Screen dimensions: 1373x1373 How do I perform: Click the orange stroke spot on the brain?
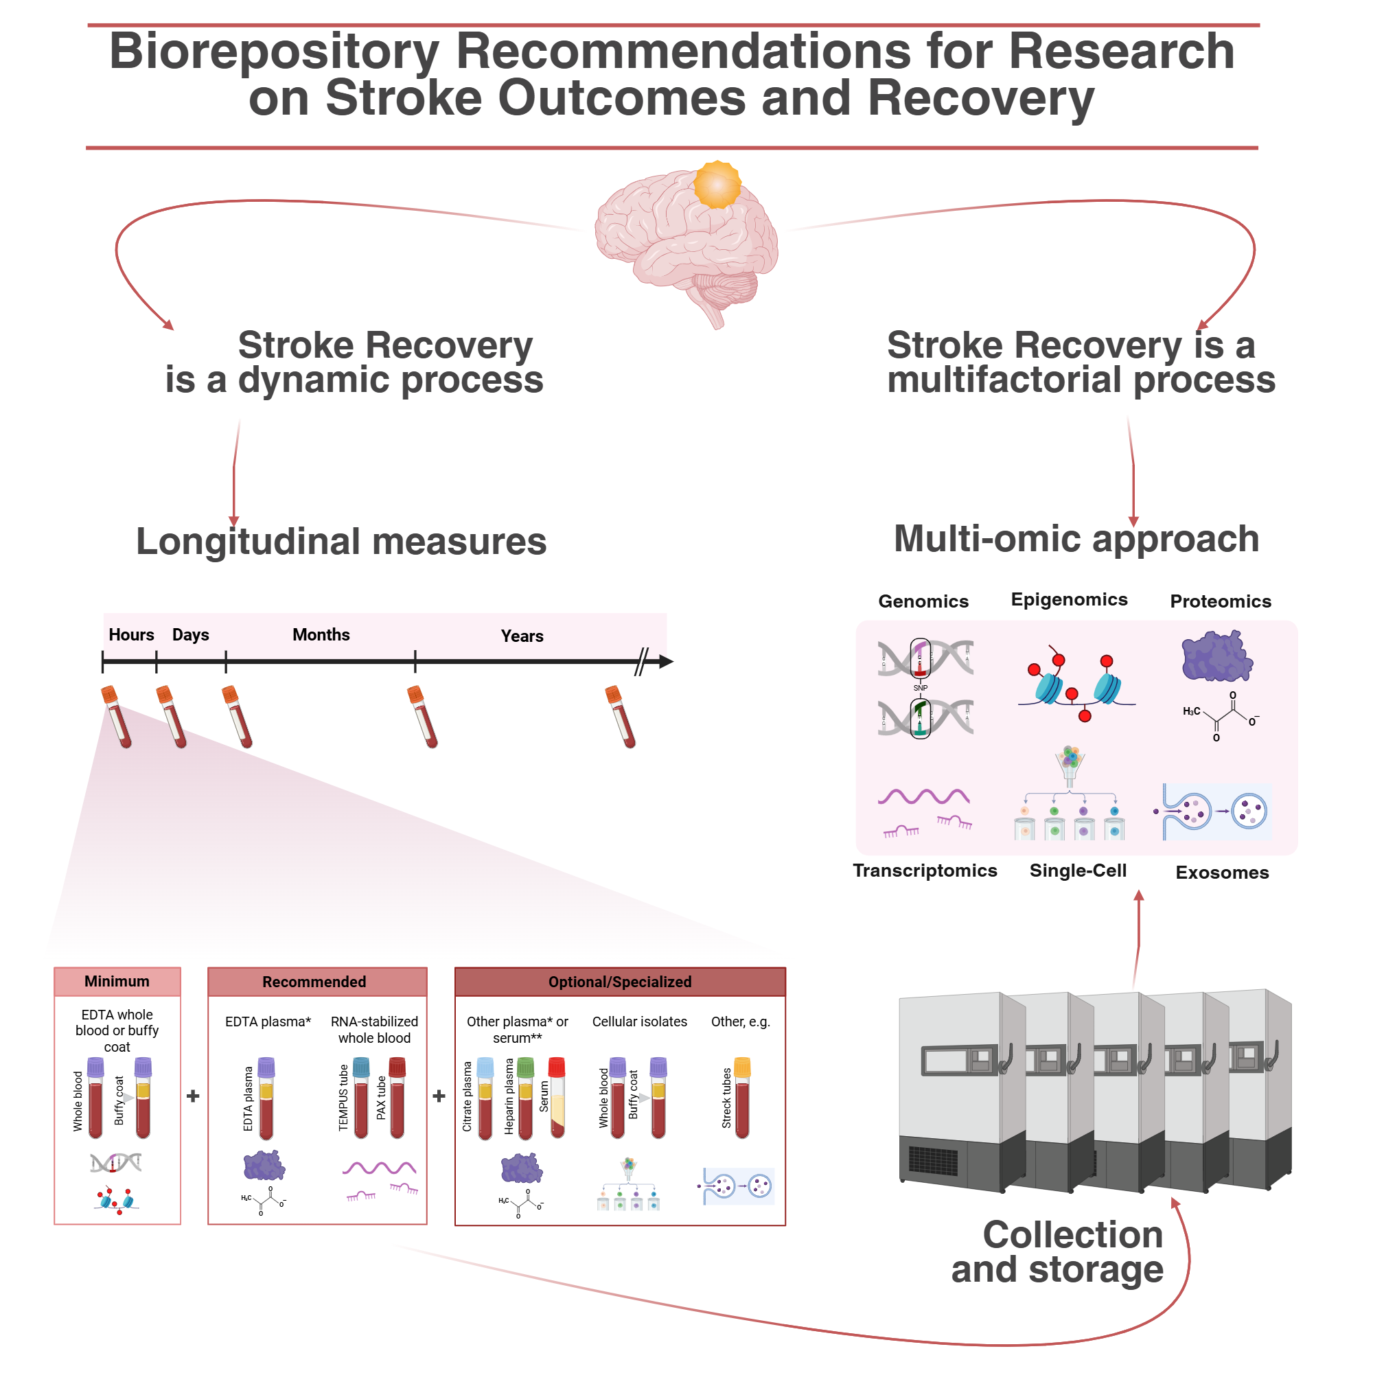point(717,185)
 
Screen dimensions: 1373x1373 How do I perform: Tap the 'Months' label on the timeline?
point(321,634)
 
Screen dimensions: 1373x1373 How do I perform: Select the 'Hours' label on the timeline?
point(132,634)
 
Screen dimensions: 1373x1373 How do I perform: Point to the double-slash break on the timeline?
point(641,662)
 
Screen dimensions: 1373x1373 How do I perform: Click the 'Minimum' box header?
point(117,982)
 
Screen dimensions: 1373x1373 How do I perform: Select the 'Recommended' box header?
point(314,982)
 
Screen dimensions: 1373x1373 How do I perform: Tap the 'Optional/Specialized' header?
point(620,982)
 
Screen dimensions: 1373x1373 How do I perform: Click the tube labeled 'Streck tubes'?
point(742,1098)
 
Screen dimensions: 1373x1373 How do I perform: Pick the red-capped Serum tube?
point(557,1098)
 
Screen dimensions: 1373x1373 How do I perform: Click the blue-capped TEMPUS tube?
point(361,1098)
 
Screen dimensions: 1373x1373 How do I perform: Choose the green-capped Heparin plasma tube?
point(525,1098)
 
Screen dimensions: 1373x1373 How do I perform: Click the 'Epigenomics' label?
point(1069,599)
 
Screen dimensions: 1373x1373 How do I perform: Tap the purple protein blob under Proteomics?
point(1216,656)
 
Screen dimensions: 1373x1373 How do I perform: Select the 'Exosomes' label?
point(1222,873)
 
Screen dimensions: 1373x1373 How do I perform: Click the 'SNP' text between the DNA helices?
point(921,688)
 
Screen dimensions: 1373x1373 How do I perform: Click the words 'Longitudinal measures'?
point(341,542)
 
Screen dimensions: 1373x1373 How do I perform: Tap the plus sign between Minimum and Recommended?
point(193,1096)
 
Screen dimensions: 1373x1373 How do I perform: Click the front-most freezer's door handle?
point(1006,1059)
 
